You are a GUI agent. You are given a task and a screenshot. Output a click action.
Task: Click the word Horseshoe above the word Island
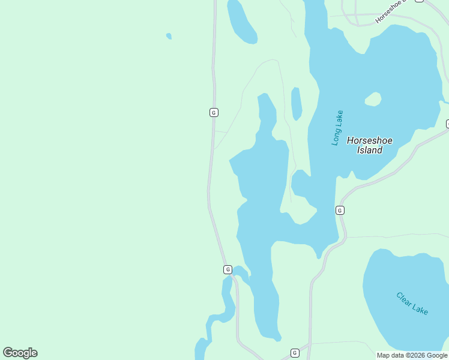tap(370, 140)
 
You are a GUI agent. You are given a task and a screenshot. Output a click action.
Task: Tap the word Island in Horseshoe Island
tap(370, 150)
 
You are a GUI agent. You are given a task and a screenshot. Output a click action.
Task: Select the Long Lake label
tap(338, 127)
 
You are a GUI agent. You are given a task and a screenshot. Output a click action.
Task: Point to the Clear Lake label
tap(412, 303)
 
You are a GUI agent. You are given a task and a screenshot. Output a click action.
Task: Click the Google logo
tap(20, 353)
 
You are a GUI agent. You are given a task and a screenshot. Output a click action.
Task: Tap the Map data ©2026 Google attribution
tap(412, 355)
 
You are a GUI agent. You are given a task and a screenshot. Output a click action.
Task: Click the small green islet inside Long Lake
tap(373, 99)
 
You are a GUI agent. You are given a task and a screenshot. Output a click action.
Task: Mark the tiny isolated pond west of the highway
tap(169, 36)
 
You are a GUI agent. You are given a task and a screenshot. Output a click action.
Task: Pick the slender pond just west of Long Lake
tap(296, 103)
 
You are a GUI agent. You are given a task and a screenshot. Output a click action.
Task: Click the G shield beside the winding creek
tap(228, 269)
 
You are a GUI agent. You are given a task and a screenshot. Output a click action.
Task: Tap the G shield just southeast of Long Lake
tap(340, 210)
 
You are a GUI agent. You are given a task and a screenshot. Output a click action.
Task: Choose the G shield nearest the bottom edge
tap(295, 353)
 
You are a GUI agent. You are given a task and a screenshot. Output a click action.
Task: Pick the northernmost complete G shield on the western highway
tap(213, 112)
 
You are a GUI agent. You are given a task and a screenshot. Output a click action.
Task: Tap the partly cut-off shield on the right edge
tap(447, 124)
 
